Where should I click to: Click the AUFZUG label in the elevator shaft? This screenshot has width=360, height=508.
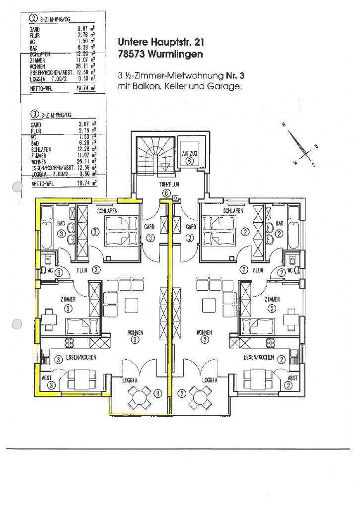tap(189, 154)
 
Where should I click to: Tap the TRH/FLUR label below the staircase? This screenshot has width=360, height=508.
tap(165, 184)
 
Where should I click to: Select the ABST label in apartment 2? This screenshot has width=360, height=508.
tap(292, 378)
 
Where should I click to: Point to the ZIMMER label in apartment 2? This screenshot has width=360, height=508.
tap(272, 300)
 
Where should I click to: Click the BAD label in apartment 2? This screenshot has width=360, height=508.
tap(279, 224)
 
